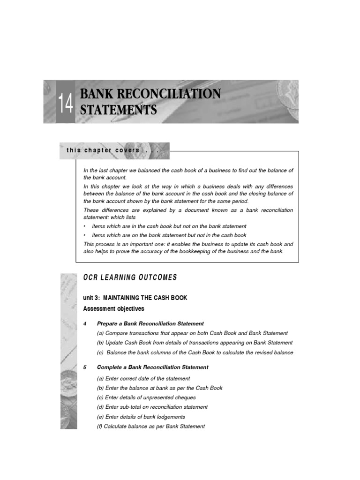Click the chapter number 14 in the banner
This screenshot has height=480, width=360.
tap(66, 103)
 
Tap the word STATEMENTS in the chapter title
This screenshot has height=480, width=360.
tap(118, 111)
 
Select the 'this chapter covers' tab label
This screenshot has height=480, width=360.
tap(112, 150)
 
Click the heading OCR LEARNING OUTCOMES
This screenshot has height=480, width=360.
tap(130, 277)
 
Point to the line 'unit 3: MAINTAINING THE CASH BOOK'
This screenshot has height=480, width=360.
tap(135, 298)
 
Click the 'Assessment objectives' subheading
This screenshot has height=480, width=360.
tap(114, 308)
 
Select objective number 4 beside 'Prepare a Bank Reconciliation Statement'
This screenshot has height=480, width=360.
tap(85, 323)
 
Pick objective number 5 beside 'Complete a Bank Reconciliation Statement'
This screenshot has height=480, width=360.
tap(85, 367)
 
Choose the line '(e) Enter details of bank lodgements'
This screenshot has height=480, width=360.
tap(141, 417)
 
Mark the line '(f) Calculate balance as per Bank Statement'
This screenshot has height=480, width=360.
tap(151, 426)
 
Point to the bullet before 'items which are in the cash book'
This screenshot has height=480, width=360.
tap(84, 226)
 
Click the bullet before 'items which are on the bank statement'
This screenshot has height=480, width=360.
tap(84, 235)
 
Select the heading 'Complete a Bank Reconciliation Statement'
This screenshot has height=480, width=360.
tap(152, 367)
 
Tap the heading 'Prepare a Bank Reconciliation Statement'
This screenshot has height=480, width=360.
tap(150, 323)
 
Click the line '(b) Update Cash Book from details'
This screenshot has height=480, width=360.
tap(195, 343)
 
